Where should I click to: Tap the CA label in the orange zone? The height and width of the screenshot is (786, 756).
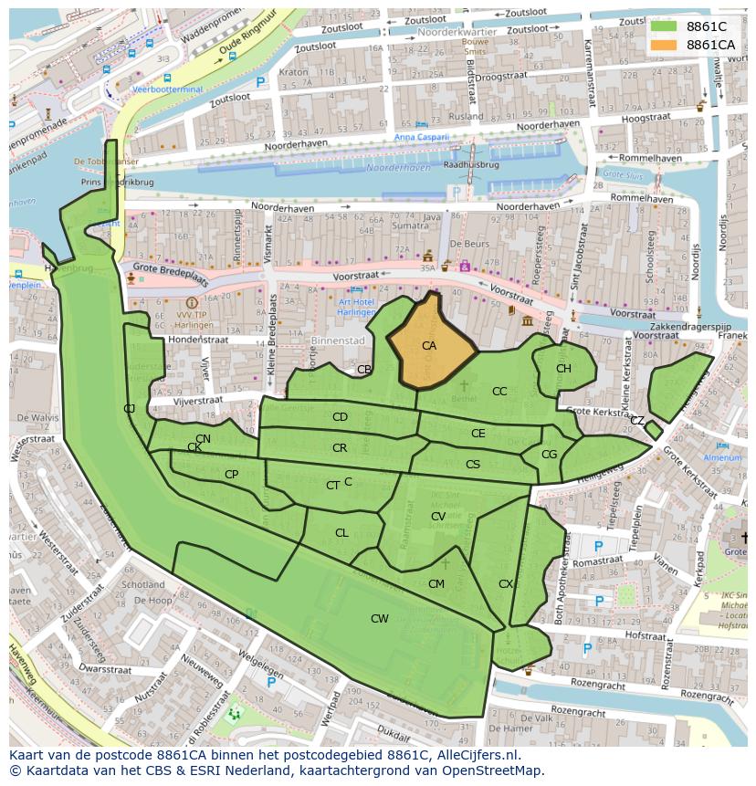pos(428,346)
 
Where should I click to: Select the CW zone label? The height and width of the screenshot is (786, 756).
pos(379,619)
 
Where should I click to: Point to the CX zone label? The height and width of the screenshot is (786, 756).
pos(506,584)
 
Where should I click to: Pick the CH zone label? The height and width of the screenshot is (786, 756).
pos(563,369)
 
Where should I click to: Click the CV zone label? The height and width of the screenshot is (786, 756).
pos(438,517)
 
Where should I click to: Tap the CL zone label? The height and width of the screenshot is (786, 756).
pos(341,533)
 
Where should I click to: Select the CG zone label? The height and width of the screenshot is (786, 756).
pos(549,455)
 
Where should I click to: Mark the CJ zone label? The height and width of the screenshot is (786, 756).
pos(130,408)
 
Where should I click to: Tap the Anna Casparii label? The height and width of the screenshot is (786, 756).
pos(421,137)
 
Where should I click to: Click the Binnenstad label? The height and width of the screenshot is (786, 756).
pos(337,341)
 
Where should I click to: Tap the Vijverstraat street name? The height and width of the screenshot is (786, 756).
pos(198,400)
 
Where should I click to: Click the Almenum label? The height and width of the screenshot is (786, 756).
pos(722,457)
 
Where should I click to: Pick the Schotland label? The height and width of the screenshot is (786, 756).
pos(143,584)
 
